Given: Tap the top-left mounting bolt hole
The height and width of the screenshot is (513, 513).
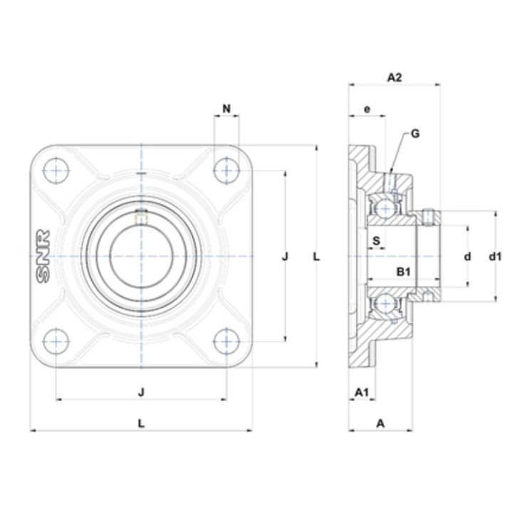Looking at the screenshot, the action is coord(56,170).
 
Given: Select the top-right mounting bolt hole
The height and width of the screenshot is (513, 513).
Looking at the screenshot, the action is coord(227,170).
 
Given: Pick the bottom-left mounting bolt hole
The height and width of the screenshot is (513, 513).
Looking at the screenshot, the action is coord(56,341).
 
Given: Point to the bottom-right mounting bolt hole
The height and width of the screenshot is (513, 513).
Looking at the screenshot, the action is coord(227,341).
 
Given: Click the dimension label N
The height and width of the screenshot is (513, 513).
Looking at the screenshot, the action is coord(227,108).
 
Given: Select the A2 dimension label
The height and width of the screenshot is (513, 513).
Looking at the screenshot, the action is coord(394,78).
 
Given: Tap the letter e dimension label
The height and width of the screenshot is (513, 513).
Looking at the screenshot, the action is coord(367,109).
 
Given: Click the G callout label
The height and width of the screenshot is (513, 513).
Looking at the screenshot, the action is coord(415,133).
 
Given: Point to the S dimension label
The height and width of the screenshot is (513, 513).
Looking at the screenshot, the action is coord(376,241).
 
